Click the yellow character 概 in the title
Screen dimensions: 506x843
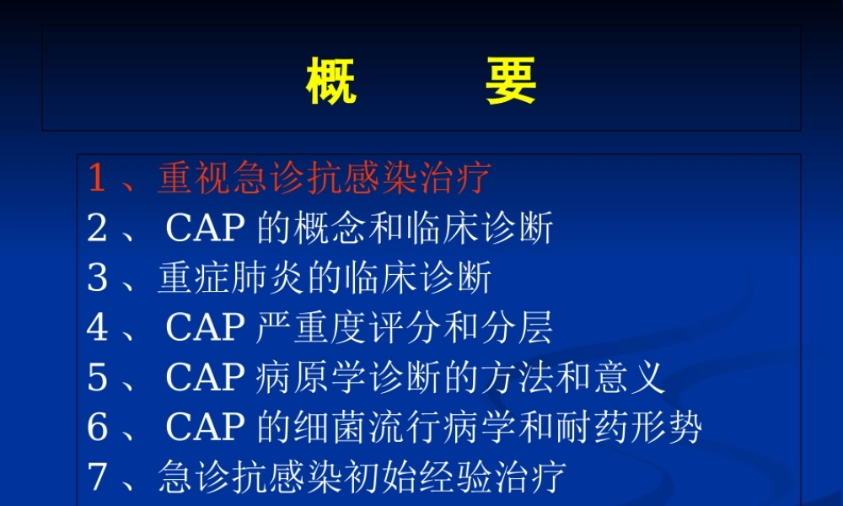pos(330,82)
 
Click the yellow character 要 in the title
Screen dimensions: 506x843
pos(511,82)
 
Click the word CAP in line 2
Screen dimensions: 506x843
pos(206,229)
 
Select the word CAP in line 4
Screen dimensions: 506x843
pos(206,328)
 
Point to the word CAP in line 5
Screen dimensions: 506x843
pos(206,378)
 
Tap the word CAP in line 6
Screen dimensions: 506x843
pos(206,428)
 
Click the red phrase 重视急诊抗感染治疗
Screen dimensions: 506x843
pos(324,179)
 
